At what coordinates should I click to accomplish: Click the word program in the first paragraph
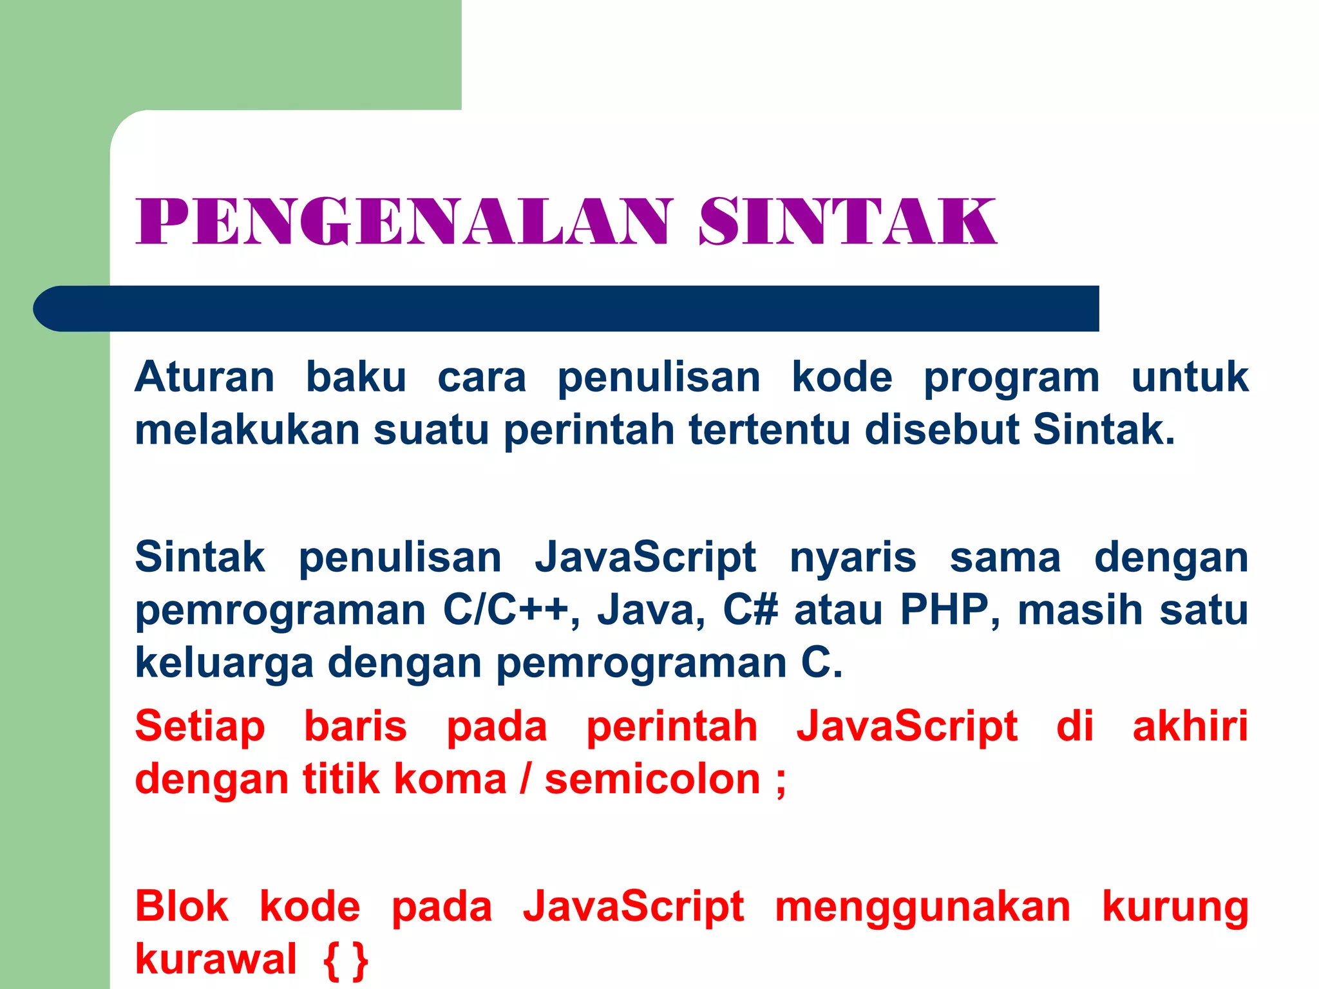coord(1012,379)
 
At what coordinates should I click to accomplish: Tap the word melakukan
coord(247,429)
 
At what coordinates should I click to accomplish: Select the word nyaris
coord(853,558)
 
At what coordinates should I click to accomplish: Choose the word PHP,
coord(950,610)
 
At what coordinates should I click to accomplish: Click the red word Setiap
coord(200,728)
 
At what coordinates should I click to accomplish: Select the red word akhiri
coord(1190,726)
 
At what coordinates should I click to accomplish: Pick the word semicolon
coord(652,780)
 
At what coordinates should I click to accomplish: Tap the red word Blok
coord(182,907)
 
